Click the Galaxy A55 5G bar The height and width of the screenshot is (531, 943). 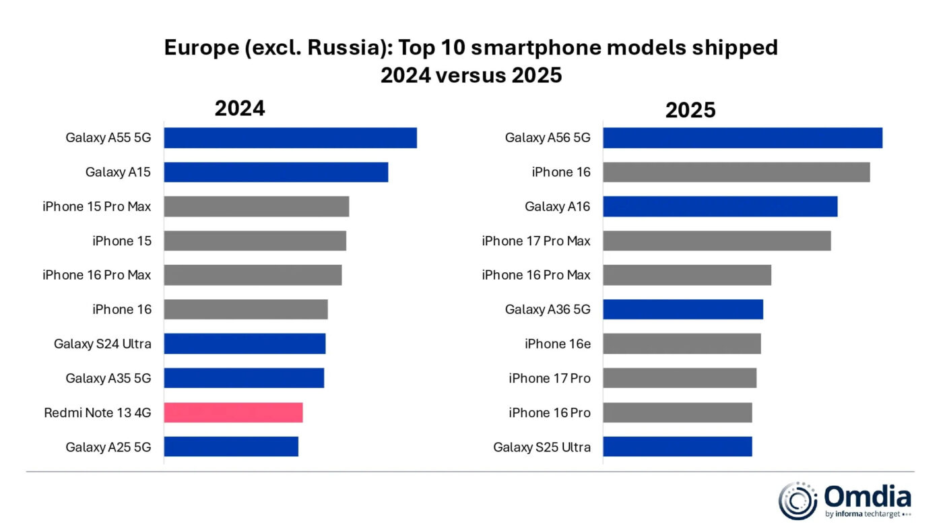click(290, 137)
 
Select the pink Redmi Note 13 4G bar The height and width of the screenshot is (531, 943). click(233, 412)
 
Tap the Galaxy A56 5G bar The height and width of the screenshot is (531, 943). click(742, 137)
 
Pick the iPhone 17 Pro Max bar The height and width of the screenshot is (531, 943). click(717, 241)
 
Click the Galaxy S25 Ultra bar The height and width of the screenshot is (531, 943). click(677, 447)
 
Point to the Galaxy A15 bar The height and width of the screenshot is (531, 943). click(276, 172)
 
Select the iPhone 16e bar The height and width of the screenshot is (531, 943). click(682, 344)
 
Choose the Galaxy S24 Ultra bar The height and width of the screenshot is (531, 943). click(245, 344)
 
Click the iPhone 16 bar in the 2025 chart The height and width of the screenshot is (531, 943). click(736, 172)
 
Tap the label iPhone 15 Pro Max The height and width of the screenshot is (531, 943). click(97, 206)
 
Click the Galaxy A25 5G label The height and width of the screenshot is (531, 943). click(108, 447)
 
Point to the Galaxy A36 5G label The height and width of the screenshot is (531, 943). click(548, 309)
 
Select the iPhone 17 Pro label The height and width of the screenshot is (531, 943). click(550, 378)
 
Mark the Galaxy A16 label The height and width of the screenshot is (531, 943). click(558, 206)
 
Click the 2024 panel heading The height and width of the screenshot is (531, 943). click(240, 108)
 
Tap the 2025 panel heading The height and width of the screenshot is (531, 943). click(690, 110)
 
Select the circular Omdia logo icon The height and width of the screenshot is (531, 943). click(798, 501)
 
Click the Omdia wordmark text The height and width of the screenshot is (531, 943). click(868, 497)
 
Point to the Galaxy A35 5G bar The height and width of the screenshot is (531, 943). click(244, 378)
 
